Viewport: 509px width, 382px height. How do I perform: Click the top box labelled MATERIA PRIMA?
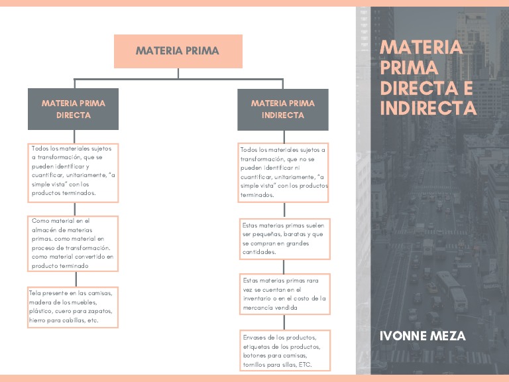[178, 51]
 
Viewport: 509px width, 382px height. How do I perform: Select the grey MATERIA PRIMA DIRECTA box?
[73, 109]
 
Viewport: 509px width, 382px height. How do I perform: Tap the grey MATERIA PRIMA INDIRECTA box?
[282, 109]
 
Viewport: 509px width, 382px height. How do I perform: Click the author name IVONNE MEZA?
[422, 336]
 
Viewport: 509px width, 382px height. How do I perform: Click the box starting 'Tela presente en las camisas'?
[73, 307]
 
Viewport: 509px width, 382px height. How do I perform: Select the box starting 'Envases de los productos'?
[285, 351]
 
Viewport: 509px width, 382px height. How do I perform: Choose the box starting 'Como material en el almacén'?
[73, 243]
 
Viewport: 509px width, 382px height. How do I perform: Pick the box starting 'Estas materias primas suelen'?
[284, 239]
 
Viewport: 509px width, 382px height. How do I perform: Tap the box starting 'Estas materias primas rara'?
[284, 294]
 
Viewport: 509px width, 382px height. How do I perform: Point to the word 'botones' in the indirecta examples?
[256, 356]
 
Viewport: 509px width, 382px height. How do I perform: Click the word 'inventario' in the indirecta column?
[260, 298]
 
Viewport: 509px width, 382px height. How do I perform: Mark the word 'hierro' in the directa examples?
[39, 320]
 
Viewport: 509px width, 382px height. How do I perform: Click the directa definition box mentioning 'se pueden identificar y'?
[73, 172]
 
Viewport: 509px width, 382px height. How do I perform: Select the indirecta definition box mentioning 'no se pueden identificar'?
[284, 172]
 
